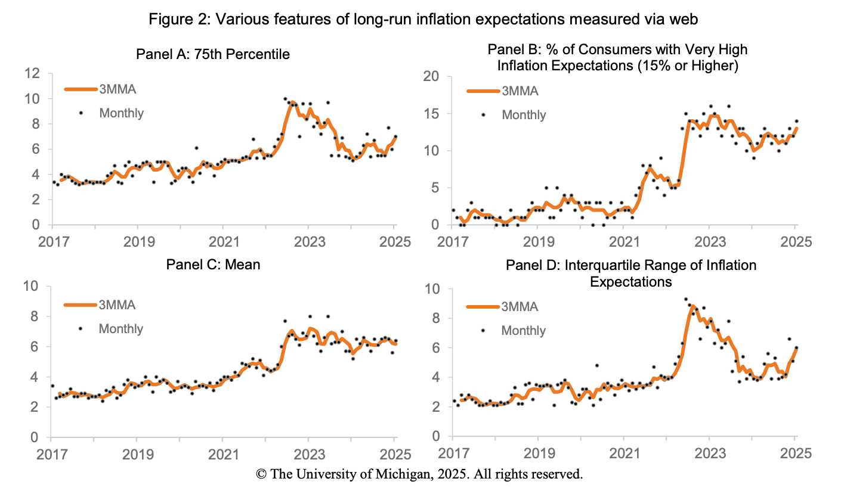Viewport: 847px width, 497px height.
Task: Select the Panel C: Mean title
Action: [x=214, y=264]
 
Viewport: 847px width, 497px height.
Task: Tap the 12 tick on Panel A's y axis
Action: [x=32, y=74]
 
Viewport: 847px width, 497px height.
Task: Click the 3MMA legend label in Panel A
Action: [x=117, y=89]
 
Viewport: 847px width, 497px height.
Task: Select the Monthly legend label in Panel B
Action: [x=524, y=115]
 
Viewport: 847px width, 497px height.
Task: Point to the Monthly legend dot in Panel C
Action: [x=80, y=328]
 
